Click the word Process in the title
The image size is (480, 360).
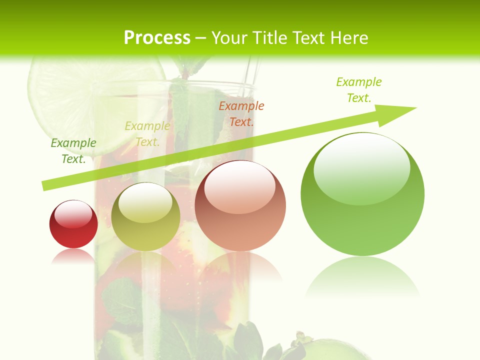click(x=157, y=38)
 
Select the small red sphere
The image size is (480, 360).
click(x=73, y=224)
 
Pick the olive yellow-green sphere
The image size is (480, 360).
click(x=145, y=217)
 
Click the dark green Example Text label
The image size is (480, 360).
click(x=73, y=150)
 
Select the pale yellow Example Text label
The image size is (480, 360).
click(x=147, y=134)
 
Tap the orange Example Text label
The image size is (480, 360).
click(x=241, y=113)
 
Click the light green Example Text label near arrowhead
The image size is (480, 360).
click(x=359, y=89)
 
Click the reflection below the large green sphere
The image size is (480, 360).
click(x=362, y=277)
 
